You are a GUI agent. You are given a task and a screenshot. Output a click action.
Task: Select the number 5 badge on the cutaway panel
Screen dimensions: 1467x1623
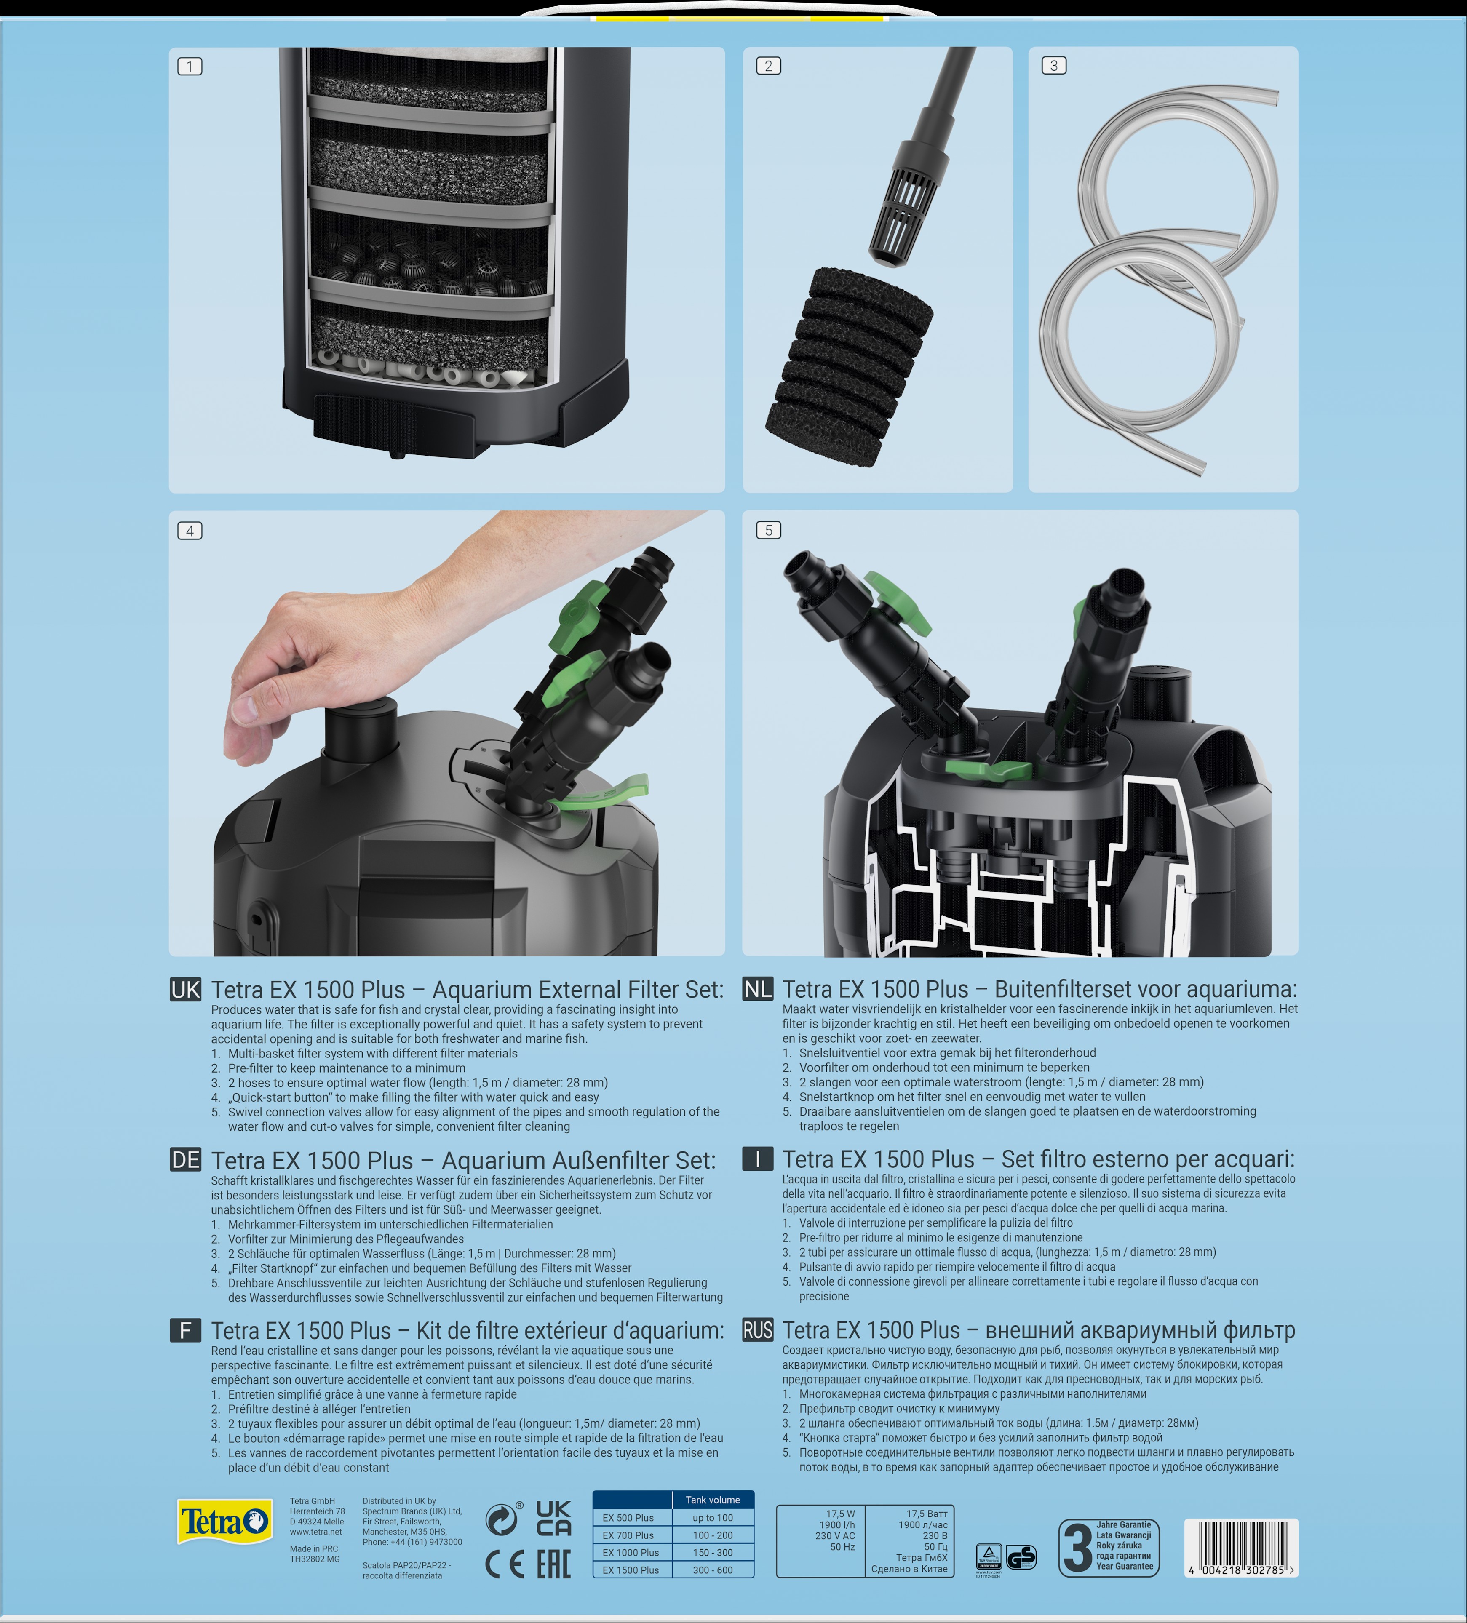(768, 530)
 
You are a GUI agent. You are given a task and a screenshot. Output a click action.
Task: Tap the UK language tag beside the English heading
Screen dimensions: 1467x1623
(185, 989)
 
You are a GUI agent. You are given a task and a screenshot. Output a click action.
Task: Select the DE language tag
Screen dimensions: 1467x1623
(185, 1160)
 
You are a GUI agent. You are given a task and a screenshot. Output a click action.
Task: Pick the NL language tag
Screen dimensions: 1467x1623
(757, 989)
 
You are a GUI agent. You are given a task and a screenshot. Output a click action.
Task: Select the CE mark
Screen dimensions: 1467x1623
(505, 1565)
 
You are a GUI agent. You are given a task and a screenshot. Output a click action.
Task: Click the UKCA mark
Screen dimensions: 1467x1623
(554, 1518)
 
